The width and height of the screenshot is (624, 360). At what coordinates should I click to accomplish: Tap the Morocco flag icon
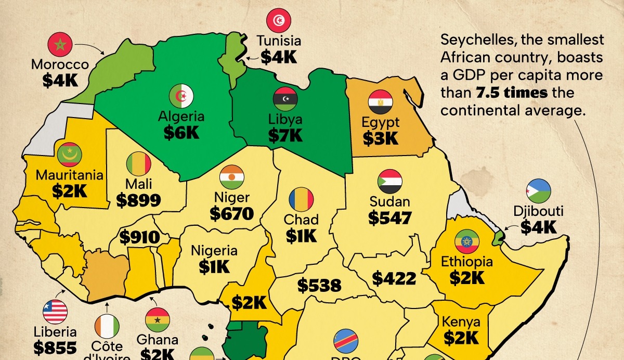[x=59, y=45]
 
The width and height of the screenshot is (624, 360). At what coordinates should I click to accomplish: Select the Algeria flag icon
[x=181, y=96]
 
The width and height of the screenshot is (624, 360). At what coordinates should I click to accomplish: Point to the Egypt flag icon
[x=380, y=102]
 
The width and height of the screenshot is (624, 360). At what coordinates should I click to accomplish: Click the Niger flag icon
[x=232, y=177]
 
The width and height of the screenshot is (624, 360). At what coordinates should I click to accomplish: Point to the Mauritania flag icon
[x=70, y=155]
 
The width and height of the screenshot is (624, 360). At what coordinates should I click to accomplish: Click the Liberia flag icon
[x=55, y=312]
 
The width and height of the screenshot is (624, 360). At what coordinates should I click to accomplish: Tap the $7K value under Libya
[x=285, y=135]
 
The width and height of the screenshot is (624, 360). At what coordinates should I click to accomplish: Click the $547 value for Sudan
[x=390, y=218]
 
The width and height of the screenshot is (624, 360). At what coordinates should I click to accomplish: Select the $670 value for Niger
[x=232, y=213]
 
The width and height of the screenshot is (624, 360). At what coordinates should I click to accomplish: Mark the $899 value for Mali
[x=138, y=200]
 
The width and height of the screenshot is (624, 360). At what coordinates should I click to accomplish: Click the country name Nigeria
[x=214, y=251]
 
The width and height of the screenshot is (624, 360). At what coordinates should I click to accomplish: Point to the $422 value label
[x=394, y=279]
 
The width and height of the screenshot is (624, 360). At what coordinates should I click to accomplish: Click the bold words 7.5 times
[x=512, y=93]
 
